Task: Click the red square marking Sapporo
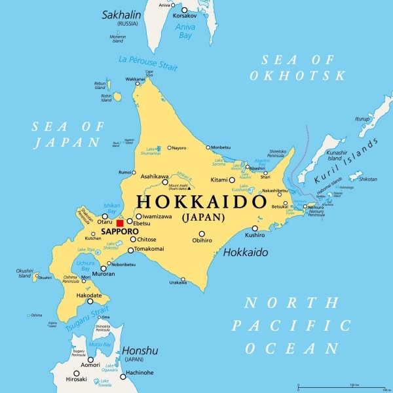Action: point(120,223)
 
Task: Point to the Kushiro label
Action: point(255,235)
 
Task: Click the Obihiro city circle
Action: point(202,234)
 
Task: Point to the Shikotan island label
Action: point(367,178)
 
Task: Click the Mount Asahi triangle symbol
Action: point(189,189)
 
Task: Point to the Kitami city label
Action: point(219,180)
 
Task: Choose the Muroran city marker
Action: point(103,268)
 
